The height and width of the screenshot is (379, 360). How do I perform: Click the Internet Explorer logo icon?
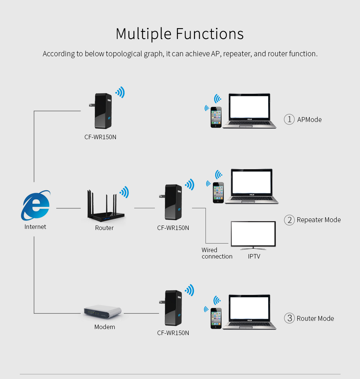point(36,205)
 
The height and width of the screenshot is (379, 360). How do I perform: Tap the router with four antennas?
point(104,208)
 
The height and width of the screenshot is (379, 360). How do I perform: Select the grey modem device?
point(103,311)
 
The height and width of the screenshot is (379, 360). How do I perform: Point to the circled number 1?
point(289,120)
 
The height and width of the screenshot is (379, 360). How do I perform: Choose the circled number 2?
point(289,220)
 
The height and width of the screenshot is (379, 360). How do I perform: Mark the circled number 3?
point(289,319)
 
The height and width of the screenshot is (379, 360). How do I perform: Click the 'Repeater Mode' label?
point(319,220)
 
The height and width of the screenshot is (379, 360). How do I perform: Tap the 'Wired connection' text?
point(217,253)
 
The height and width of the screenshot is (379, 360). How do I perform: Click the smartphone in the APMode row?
point(216,117)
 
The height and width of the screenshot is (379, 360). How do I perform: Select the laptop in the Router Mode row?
point(249,312)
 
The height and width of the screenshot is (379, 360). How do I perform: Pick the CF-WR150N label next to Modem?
point(173,333)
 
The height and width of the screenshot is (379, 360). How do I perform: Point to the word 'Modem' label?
point(105,327)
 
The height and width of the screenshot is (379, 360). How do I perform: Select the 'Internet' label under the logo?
point(35,227)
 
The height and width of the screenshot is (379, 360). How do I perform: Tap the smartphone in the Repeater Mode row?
point(218,193)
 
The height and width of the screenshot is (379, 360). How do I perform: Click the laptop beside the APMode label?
point(249,111)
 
